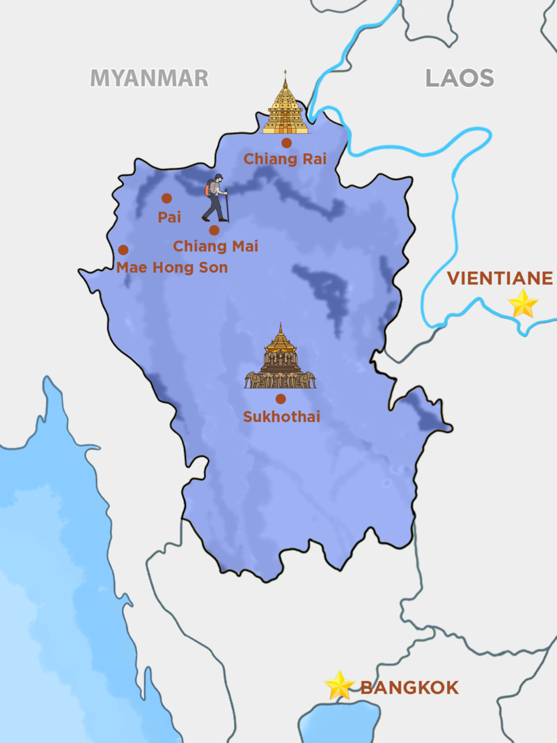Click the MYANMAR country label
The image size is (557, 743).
(149, 78)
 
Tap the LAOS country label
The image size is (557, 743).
(460, 78)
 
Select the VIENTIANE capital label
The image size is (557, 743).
(499, 279)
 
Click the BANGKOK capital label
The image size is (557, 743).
(409, 688)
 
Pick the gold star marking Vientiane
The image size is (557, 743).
(522, 304)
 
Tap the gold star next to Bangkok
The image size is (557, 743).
(340, 685)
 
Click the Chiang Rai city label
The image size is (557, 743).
(285, 159)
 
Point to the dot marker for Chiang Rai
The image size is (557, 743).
(286, 143)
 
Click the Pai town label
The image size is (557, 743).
(169, 217)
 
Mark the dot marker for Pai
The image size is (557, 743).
(166, 198)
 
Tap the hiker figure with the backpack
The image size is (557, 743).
(216, 198)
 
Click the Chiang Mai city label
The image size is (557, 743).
(215, 247)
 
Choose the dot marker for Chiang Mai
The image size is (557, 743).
(214, 230)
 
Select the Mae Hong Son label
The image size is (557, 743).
(172, 267)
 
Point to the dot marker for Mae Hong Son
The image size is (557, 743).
(123, 250)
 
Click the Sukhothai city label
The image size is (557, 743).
(281, 417)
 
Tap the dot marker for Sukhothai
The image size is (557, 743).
(281, 399)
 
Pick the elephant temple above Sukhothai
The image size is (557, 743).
(281, 359)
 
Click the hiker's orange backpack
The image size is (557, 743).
(208, 188)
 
